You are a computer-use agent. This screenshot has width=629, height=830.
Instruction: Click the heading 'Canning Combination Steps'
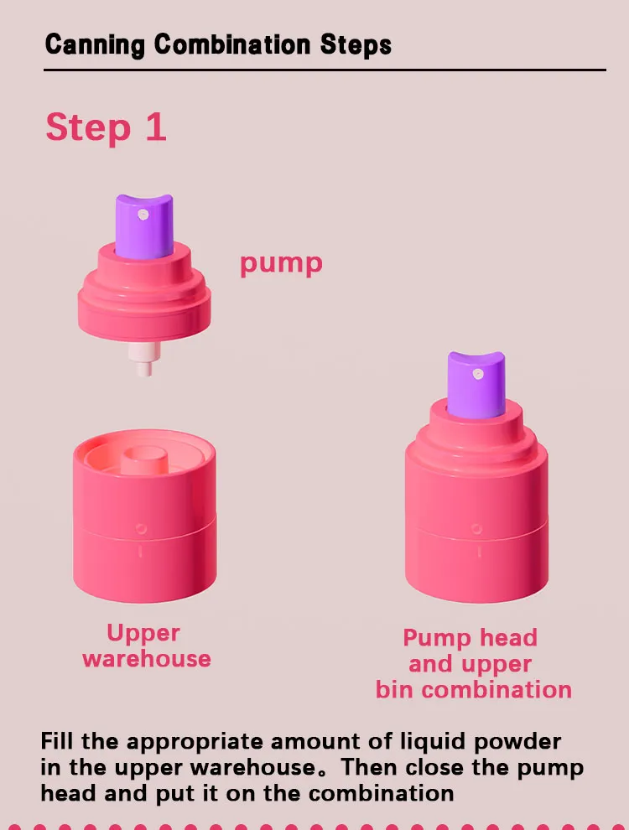[x=218, y=44]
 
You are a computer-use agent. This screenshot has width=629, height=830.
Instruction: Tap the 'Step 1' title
[x=106, y=127]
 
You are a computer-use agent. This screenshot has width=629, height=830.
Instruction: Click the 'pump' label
[x=281, y=263]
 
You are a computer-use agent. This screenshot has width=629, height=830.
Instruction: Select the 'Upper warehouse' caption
[x=146, y=646]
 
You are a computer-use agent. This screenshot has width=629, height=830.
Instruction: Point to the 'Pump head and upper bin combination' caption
[x=473, y=663]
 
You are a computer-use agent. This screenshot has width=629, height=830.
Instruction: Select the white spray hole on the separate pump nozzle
[x=143, y=215]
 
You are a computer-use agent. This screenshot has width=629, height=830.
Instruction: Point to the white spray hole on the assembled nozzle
[x=477, y=372]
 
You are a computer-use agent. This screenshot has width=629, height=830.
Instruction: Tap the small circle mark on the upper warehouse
[x=141, y=528]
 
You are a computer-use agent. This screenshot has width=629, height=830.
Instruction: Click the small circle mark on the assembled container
[x=476, y=528]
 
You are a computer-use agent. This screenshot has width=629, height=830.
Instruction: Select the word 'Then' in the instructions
[x=364, y=767]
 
